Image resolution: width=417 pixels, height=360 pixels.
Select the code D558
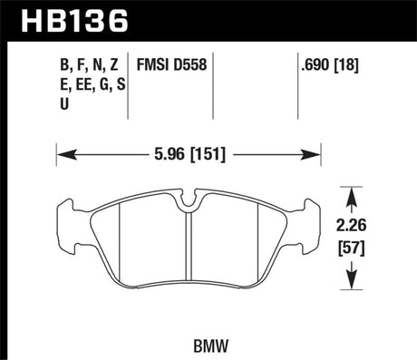(x=188, y=64)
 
